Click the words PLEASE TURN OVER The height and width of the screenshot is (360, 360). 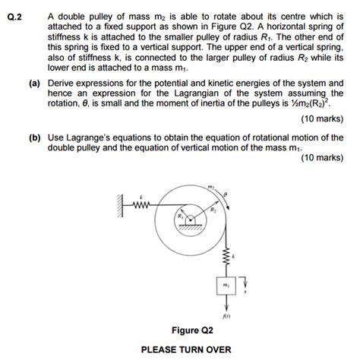(192, 350)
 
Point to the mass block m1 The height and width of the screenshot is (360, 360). (226, 284)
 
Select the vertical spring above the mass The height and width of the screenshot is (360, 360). (226, 256)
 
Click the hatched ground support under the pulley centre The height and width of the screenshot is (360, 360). (191, 226)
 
